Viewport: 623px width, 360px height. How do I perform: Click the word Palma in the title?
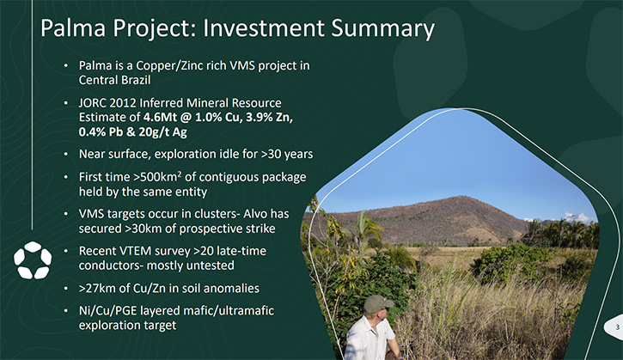click(73, 28)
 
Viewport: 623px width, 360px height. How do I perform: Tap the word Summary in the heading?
click(382, 29)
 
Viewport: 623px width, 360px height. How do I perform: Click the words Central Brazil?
click(114, 80)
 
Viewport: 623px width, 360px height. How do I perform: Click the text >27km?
click(97, 288)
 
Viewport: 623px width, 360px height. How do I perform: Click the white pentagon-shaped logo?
click(33, 259)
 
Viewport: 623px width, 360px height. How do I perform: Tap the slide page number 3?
click(618, 327)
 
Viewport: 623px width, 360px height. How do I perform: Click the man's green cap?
click(377, 304)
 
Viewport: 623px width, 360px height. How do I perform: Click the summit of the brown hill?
click(460, 196)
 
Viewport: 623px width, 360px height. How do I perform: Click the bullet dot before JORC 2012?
click(65, 103)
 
